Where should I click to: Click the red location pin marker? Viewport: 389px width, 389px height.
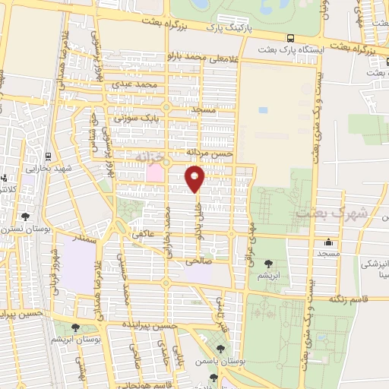[194, 178]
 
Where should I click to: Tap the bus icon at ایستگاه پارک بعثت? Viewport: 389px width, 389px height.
[290, 38]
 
